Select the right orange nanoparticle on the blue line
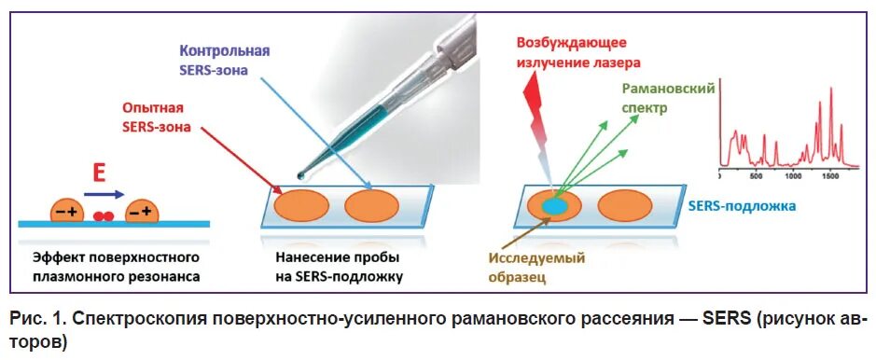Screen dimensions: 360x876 (x=141, y=213)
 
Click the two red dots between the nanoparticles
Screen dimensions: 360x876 (x=104, y=216)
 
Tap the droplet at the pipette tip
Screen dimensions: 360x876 (x=299, y=175)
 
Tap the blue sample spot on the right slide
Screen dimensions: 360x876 (x=553, y=206)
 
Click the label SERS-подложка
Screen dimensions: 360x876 (x=743, y=206)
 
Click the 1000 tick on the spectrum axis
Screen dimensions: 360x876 (x=795, y=174)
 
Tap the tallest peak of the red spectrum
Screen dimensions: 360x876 (x=830, y=89)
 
